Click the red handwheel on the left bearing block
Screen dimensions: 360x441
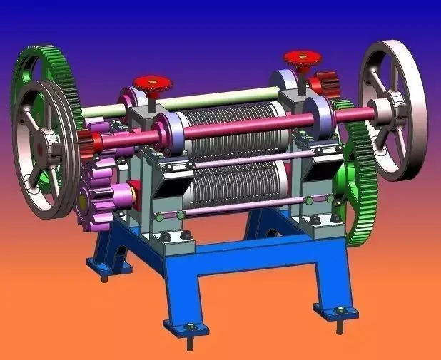click(152, 83)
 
